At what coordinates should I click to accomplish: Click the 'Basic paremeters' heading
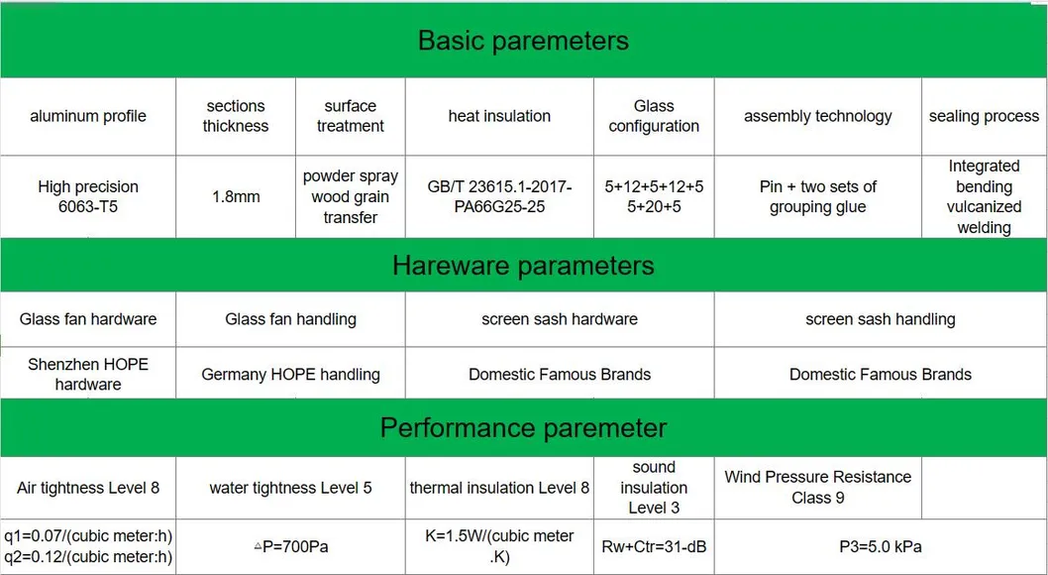(523, 41)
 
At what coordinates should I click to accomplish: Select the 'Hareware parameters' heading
(523, 266)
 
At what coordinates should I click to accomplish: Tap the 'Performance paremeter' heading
(523, 428)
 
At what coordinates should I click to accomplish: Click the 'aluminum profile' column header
(88, 116)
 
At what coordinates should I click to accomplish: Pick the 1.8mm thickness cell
(236, 197)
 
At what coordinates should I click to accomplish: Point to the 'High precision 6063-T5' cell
(88, 196)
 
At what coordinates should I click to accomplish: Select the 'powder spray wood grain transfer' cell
(351, 196)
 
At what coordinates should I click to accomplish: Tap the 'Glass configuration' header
(654, 116)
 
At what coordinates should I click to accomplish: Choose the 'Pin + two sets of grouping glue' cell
(817, 196)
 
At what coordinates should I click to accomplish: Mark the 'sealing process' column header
(984, 116)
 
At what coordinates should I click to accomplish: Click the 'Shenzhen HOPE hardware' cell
(88, 375)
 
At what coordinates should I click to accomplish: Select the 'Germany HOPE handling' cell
(291, 375)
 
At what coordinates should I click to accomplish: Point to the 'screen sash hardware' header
(560, 319)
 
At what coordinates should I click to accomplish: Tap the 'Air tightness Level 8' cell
(88, 488)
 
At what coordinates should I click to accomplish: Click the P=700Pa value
(291, 547)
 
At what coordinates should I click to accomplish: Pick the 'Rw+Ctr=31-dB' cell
(654, 547)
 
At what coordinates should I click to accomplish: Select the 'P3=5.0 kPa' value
(881, 547)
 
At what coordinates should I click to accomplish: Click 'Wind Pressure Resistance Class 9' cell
(817, 488)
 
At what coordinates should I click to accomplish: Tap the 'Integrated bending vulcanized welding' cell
(984, 196)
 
